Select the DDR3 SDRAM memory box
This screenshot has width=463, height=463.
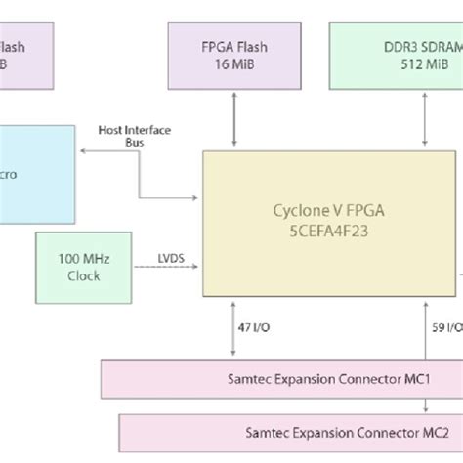(x=397, y=55)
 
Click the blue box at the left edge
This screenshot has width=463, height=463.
(x=35, y=172)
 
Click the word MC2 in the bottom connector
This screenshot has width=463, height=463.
(x=433, y=430)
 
